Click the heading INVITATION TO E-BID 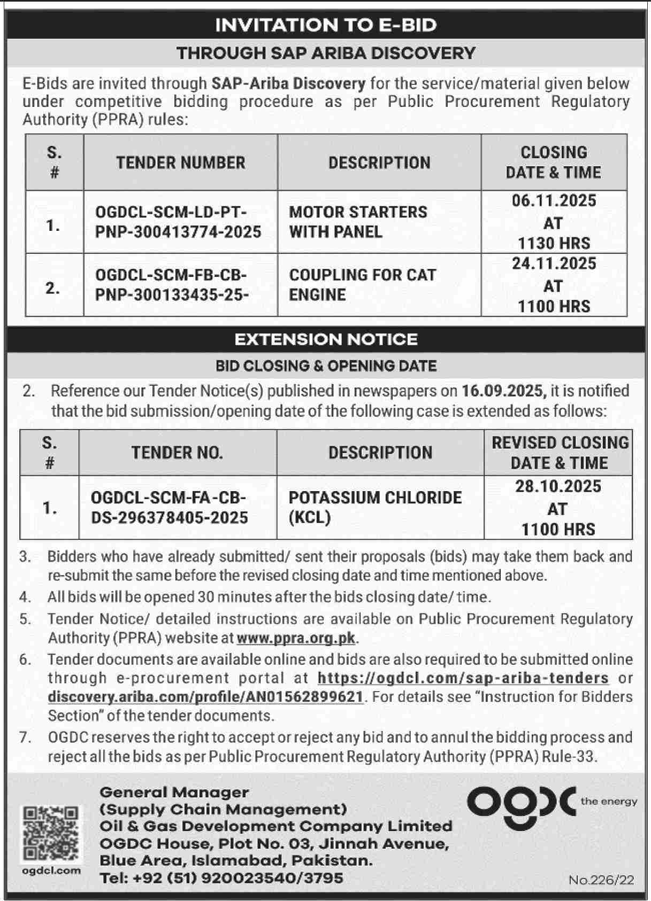coord(325,25)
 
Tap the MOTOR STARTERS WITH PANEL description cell coord(358,222)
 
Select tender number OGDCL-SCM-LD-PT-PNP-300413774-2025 coord(178,222)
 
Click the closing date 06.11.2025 coord(554,201)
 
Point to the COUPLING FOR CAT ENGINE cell coord(362,284)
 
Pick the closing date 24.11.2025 coord(554,263)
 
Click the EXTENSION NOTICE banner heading coord(325,339)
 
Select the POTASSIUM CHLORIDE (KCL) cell coord(374,507)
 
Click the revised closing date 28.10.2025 coord(558,486)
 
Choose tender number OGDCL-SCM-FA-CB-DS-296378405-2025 coord(169,507)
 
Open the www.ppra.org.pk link coord(296,638)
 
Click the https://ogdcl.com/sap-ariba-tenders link coord(463,678)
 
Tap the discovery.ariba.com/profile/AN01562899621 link coord(206,697)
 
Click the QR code coord(51,833)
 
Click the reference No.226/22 coord(601,880)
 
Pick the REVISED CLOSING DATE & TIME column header coord(560,453)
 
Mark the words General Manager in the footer coord(174,792)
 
